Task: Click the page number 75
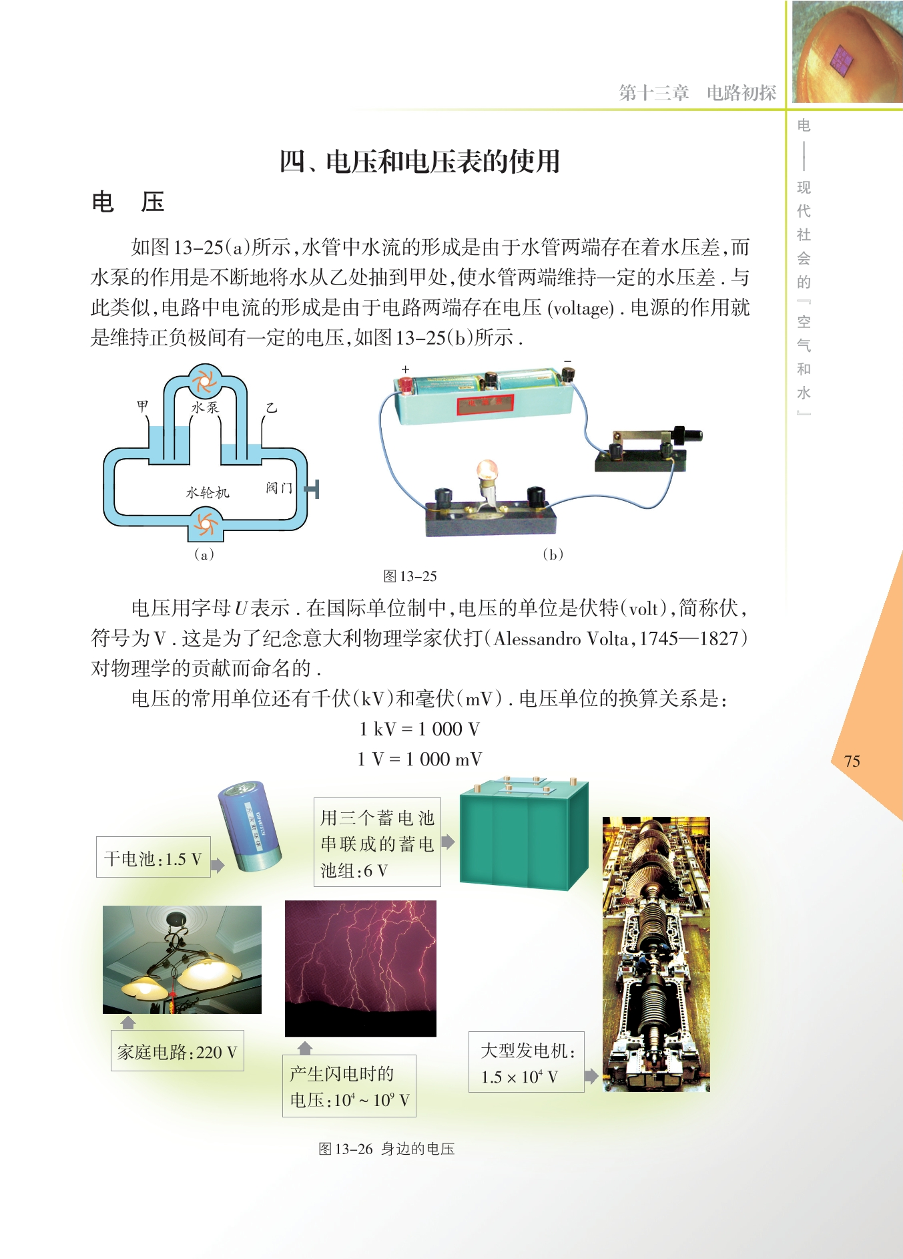(x=852, y=761)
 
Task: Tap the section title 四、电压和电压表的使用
(x=420, y=162)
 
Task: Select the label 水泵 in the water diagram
(x=205, y=407)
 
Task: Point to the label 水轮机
(x=208, y=493)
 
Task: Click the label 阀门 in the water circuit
(x=279, y=488)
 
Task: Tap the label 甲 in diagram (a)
(x=143, y=405)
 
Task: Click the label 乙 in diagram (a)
(x=271, y=407)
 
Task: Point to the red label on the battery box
(x=485, y=403)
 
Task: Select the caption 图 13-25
(x=410, y=576)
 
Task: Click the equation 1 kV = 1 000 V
(x=419, y=729)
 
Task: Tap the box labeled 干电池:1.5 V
(x=154, y=857)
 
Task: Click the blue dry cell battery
(x=250, y=826)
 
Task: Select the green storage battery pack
(x=524, y=832)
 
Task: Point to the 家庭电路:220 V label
(x=178, y=1051)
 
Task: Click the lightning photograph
(x=360, y=968)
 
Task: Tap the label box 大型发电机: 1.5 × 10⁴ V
(x=527, y=1062)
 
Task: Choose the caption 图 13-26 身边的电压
(x=386, y=1149)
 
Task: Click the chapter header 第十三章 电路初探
(x=697, y=93)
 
